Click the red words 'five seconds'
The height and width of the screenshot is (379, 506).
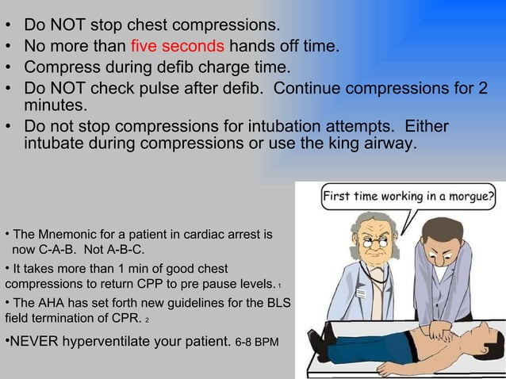tap(178, 45)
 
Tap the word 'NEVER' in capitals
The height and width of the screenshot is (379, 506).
tap(34, 343)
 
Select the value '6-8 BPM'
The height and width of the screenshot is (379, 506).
tap(258, 344)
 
